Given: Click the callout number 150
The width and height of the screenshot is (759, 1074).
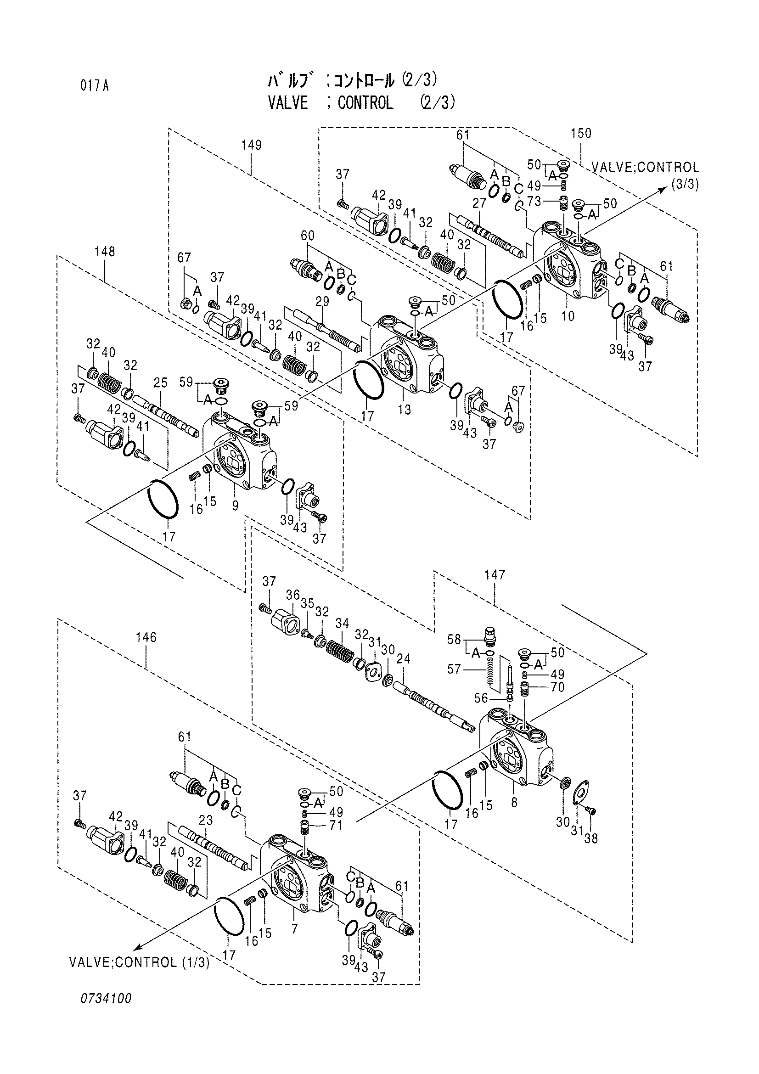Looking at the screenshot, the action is coord(581,133).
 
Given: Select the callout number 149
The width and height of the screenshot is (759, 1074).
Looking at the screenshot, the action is coord(251,145).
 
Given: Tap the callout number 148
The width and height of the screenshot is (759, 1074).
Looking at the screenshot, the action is coord(104,252).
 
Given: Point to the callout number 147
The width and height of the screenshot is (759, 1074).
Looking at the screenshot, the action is coord(495,574).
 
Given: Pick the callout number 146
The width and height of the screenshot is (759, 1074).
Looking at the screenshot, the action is coord(146,637).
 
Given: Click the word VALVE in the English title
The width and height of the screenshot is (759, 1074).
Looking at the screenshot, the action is coord(288,102).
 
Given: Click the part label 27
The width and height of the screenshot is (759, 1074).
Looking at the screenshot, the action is coord(479,203).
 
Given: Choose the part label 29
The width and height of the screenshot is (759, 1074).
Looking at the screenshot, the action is coord(323,302).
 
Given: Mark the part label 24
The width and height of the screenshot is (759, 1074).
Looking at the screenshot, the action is coord(403,659).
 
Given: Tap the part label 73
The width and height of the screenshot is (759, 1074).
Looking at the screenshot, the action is coord(534,201).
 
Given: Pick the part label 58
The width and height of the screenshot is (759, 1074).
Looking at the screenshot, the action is coord(454,639).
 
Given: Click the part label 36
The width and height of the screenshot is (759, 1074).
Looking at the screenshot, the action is coord(293,595).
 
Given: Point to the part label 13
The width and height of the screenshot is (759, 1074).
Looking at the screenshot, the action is coord(405,410).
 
